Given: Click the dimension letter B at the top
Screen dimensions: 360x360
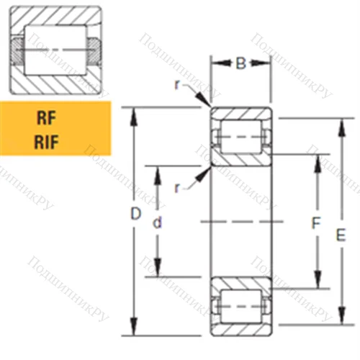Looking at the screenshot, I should coord(240,64).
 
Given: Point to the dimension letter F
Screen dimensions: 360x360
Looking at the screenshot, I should coord(315,224).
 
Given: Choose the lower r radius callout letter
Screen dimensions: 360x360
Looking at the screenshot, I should coord(177,187).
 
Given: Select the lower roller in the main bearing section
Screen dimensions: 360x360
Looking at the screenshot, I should coord(240,306).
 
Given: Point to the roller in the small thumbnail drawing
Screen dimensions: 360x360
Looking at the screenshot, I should coord(55,49).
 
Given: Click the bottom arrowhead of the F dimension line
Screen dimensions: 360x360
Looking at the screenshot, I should coord(317,285).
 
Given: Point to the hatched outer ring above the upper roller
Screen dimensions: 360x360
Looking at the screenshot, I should coord(240,115).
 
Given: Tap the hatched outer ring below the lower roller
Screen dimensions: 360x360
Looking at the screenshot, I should coord(240,328).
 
